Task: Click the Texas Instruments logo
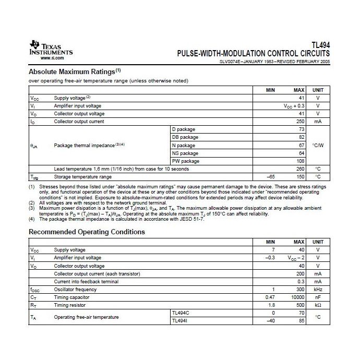[51, 50]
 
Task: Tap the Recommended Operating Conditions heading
[87, 232]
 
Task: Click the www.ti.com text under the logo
[48, 58]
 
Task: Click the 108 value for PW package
[301, 161]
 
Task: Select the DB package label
[185, 137]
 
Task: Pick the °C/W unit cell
[318, 145]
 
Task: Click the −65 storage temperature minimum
[271, 177]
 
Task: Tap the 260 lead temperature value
[299, 169]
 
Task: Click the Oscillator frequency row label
[75, 290]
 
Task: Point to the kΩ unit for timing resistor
[318, 305]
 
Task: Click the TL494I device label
[181, 321]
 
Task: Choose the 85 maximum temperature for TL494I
[301, 321]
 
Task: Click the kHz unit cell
[318, 290]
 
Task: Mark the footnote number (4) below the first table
[32, 219]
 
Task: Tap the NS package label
[185, 153]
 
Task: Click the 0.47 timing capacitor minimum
[269, 297]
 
